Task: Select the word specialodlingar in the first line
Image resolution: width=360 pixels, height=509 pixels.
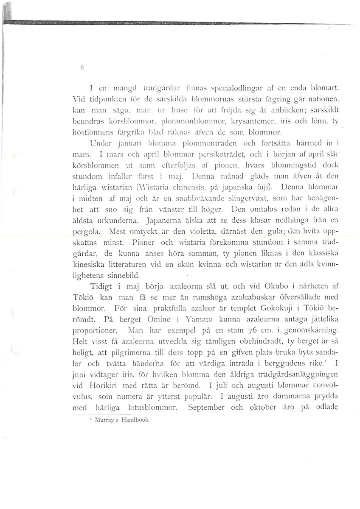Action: [x=207, y=89]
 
